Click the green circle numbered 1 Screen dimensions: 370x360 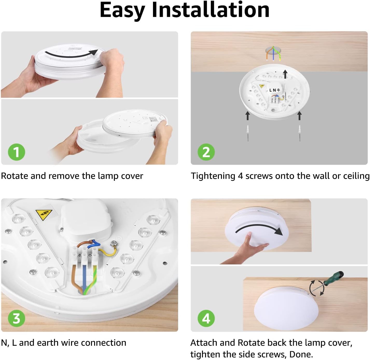pyautogui.click(x=17, y=152)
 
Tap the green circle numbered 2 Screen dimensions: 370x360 pyautogui.click(x=206, y=152)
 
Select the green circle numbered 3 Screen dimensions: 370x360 pyautogui.click(x=17, y=318)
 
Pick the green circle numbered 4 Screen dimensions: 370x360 pyautogui.click(x=206, y=318)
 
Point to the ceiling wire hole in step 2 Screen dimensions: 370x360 pyautogui.click(x=273, y=52)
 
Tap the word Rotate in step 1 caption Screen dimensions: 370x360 pyautogui.click(x=15, y=176)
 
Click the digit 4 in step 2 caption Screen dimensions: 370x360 pyautogui.click(x=240, y=176)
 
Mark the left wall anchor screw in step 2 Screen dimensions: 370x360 pyautogui.click(x=248, y=133)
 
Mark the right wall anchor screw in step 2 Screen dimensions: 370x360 pyautogui.click(x=300, y=133)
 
